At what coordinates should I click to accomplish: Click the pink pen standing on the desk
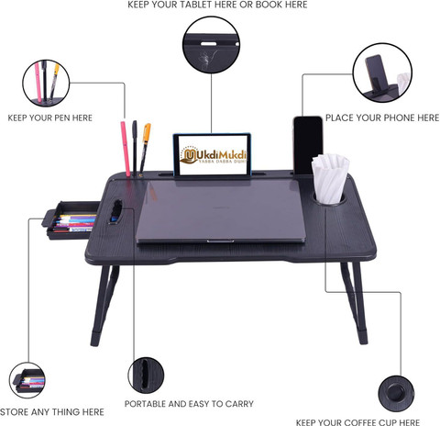[126, 149]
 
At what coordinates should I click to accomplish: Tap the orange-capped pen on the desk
[145, 149]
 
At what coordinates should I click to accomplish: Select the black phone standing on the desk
[308, 145]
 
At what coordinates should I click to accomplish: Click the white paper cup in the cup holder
[330, 179]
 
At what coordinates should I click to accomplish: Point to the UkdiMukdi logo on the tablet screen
[213, 156]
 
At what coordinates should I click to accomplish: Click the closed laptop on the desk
[221, 211]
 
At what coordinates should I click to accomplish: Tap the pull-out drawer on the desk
[71, 219]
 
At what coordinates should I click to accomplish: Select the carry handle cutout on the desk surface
[115, 212]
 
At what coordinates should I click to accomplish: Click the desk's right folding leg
[356, 303]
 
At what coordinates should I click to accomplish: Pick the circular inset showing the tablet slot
[211, 45]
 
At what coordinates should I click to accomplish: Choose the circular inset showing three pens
[46, 83]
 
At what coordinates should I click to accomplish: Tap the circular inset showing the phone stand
[382, 73]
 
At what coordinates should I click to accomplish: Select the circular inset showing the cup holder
[396, 394]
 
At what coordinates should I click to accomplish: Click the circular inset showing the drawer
[27, 380]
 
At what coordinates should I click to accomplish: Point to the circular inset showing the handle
[146, 375]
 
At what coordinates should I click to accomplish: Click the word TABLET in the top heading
[193, 5]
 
